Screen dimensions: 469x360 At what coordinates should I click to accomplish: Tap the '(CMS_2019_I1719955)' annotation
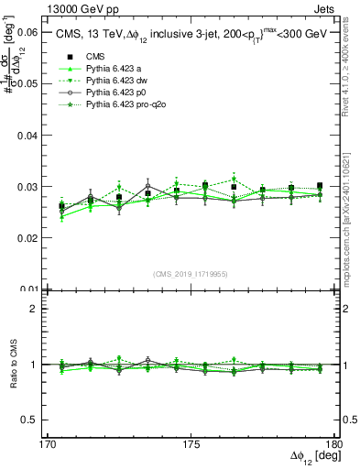point(191,274)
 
